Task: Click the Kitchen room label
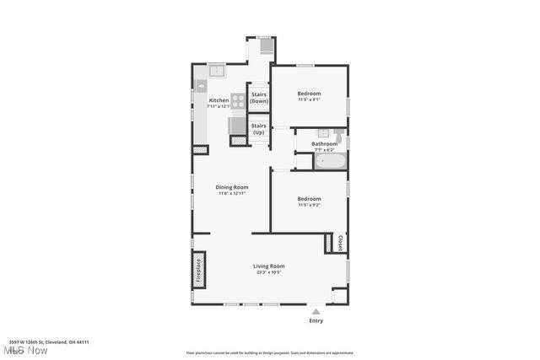[219, 100]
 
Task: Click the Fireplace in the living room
[200, 269]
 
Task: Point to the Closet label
[340, 243]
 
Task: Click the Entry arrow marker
[316, 310]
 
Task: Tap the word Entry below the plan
[316, 320]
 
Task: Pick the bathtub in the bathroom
[330, 159]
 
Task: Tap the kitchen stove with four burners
[238, 101]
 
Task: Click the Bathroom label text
[325, 143]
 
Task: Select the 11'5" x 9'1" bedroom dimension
[309, 100]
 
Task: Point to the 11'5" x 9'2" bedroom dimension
[309, 205]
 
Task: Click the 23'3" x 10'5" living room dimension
[267, 272]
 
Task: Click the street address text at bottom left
[56, 342]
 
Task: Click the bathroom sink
[323, 132]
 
